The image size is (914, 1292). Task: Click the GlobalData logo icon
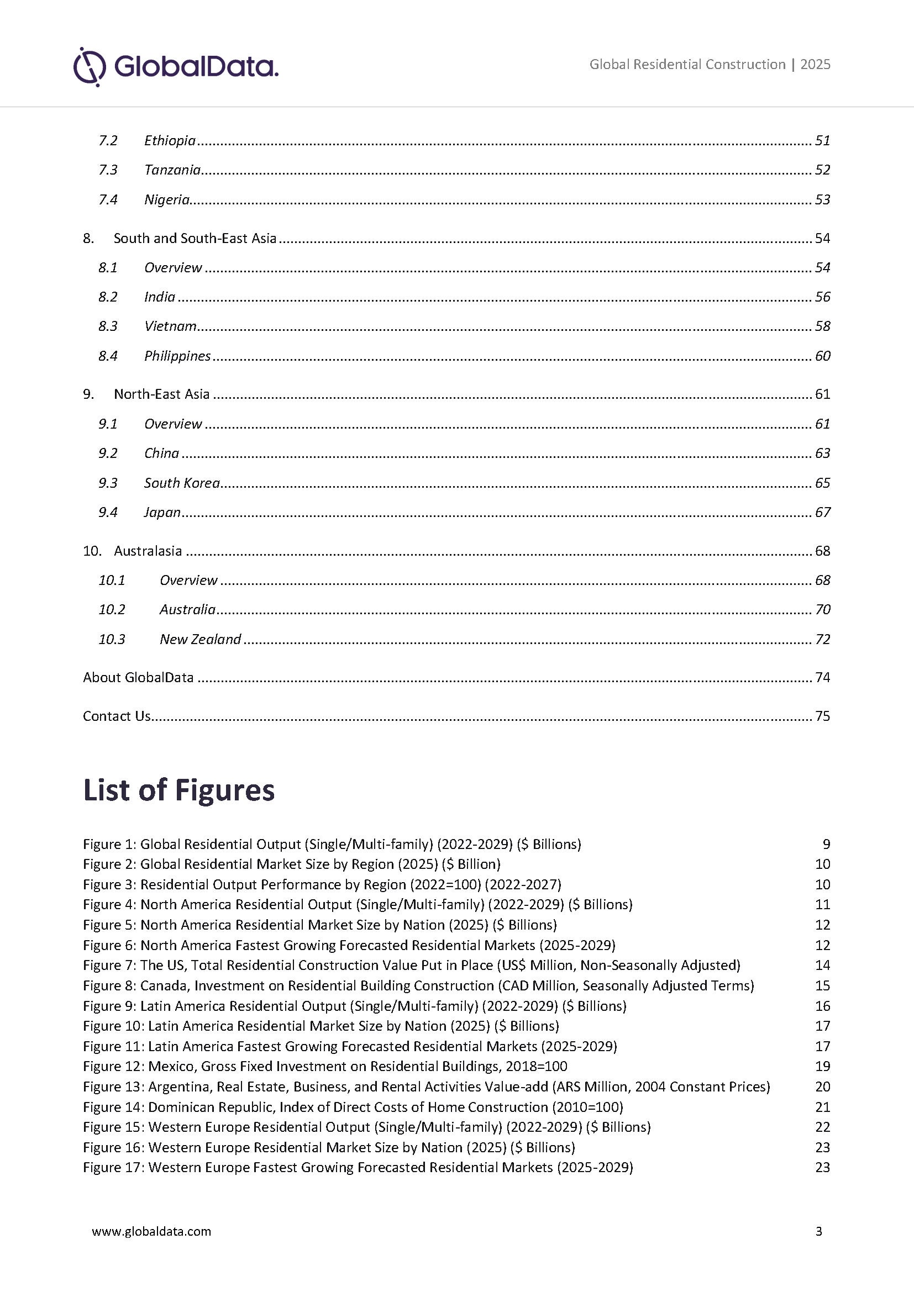[90, 67]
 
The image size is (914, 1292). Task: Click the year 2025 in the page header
[815, 65]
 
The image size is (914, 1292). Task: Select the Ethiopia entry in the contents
[170, 141]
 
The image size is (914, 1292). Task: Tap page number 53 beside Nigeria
[822, 200]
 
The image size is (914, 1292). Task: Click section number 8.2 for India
[108, 297]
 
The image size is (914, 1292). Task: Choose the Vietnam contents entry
[170, 326]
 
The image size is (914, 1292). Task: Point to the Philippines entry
[177, 356]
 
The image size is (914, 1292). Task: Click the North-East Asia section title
[161, 394]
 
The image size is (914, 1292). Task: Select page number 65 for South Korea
[822, 483]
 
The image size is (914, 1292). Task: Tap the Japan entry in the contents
[162, 513]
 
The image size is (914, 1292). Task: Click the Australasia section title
[148, 551]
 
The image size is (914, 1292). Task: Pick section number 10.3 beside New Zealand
[112, 639]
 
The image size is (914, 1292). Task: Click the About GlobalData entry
[138, 678]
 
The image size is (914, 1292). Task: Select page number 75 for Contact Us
[822, 716]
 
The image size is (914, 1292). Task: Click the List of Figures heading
[178, 790]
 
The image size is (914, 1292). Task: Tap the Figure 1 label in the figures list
[109, 844]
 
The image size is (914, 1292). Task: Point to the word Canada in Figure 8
[164, 986]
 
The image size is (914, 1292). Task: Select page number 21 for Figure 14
[822, 1107]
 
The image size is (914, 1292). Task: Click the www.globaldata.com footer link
[151, 1232]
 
